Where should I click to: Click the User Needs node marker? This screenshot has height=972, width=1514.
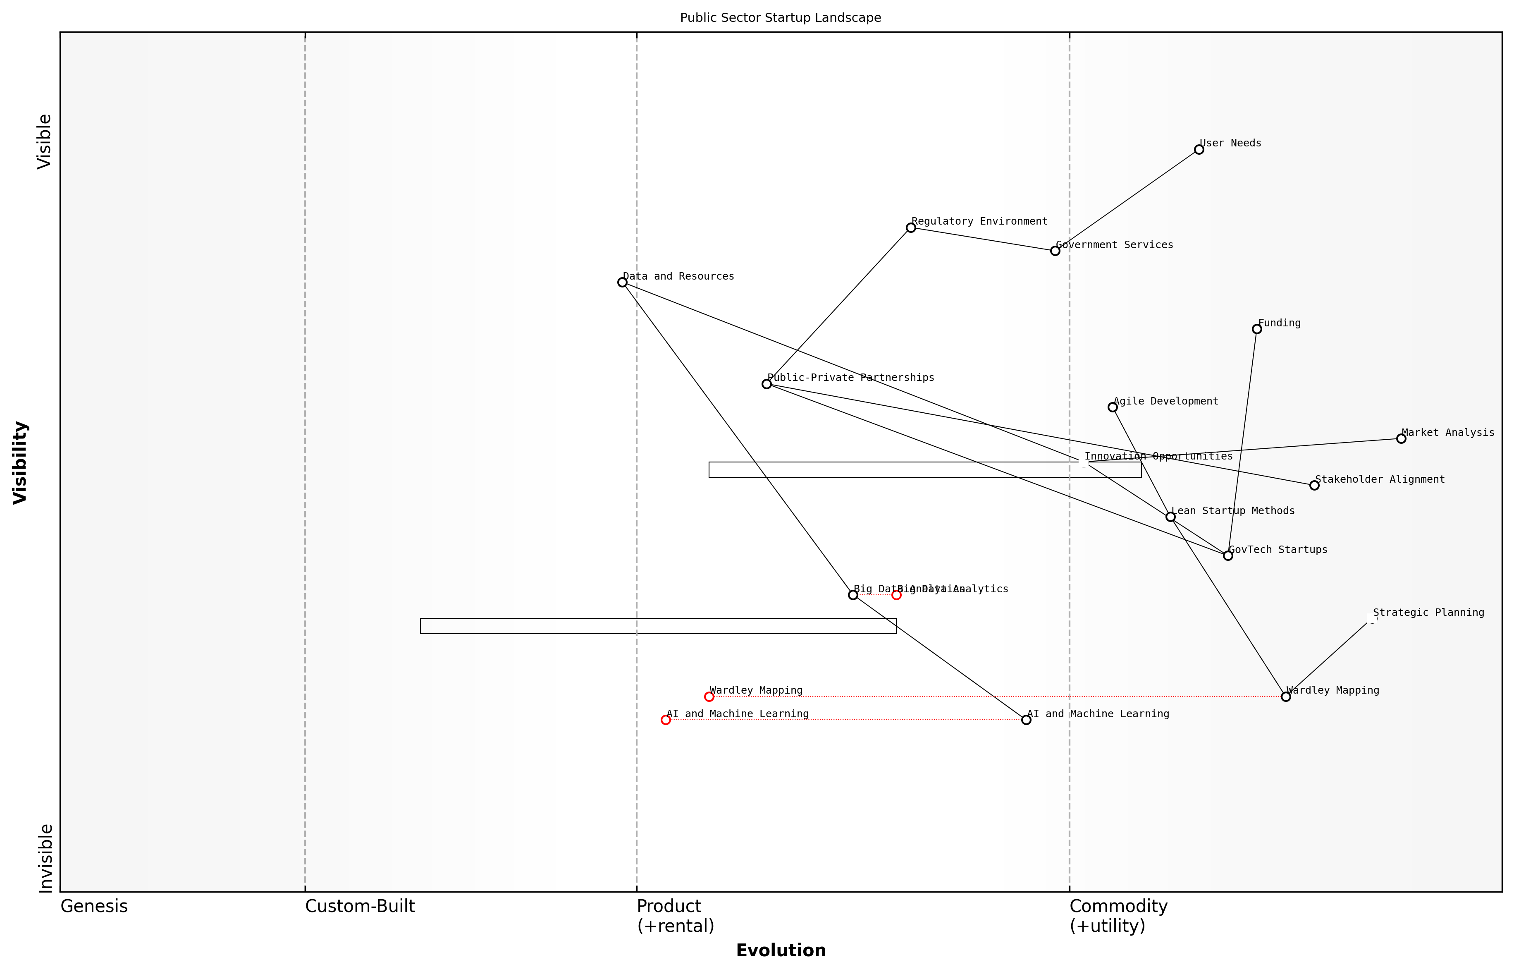[1199, 150]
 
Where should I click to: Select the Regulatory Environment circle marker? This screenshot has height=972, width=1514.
[910, 228]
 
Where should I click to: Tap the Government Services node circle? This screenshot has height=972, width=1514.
[1055, 251]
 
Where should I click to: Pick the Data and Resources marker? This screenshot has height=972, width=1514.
[622, 282]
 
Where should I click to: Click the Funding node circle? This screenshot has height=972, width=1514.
[1256, 329]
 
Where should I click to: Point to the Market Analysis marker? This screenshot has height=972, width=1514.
[1401, 439]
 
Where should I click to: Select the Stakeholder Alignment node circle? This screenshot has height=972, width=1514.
[1314, 485]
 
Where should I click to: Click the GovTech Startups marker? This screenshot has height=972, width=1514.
[1227, 555]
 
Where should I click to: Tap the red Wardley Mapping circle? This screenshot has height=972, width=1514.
[709, 697]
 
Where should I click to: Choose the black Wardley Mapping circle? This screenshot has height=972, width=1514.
[1286, 697]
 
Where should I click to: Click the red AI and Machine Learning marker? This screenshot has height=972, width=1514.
[666, 720]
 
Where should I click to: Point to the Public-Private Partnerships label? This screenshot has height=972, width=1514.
[850, 378]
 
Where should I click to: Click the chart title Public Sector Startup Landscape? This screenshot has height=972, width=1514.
[780, 18]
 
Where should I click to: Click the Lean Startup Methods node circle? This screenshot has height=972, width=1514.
[1170, 517]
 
